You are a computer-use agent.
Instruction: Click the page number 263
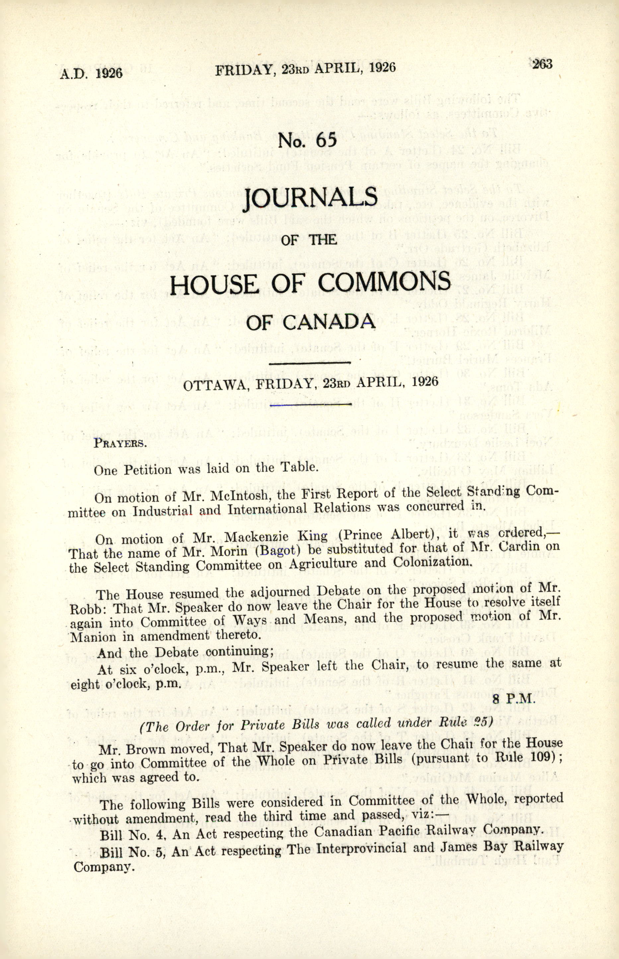tap(543, 64)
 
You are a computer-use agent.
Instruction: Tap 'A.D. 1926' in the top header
tap(91, 74)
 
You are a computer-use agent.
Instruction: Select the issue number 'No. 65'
tap(309, 141)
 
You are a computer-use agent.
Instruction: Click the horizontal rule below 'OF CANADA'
tap(309, 363)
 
